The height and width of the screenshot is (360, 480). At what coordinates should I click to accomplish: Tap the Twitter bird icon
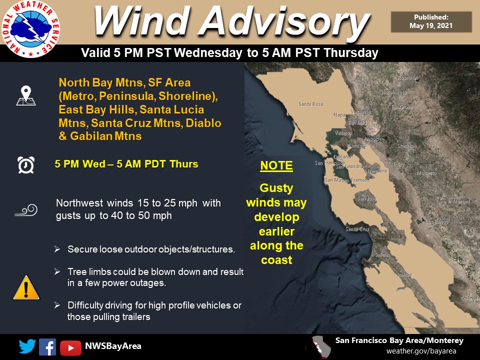pos(27,346)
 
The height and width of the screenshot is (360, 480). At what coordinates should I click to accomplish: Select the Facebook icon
pos(47,346)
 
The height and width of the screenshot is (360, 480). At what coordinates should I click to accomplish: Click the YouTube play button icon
pos(70,346)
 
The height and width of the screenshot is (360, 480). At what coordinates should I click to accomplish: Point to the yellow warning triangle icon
pos(25,288)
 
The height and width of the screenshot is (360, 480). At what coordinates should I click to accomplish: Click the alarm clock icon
pos(25,164)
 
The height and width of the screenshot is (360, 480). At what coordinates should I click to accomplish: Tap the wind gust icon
pos(25,210)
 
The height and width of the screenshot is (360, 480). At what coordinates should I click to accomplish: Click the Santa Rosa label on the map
pos(310,104)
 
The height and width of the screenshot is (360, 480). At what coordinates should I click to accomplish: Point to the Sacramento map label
pos(393,92)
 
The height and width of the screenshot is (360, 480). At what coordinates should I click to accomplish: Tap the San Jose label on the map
pos(366,198)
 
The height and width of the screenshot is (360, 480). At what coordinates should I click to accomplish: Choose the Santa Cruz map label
pos(357,229)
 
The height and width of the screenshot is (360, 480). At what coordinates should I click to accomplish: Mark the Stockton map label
pos(406,146)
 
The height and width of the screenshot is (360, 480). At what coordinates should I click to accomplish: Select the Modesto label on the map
pos(426,173)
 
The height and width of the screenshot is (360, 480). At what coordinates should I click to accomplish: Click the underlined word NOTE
pos(276,166)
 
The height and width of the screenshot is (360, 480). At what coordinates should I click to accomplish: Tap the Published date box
pos(431,22)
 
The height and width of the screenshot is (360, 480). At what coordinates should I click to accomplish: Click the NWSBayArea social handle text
pos(113,346)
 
